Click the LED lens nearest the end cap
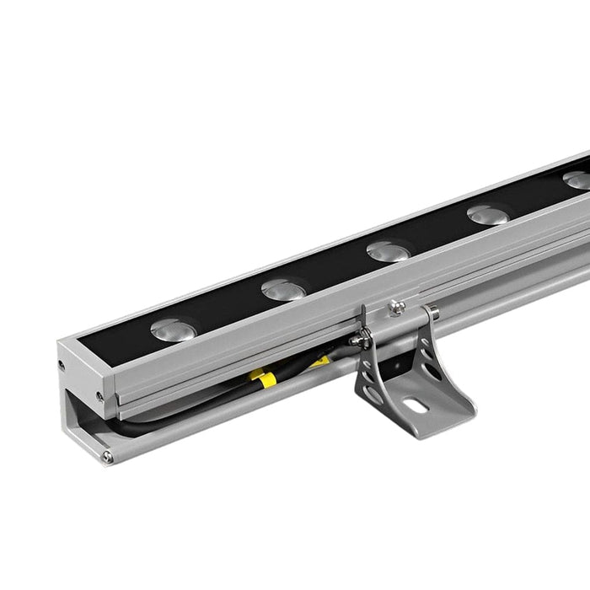(171, 329)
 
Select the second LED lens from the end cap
(282, 289)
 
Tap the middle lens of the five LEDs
(388, 251)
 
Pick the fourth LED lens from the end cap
(488, 215)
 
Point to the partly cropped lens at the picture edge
(578, 180)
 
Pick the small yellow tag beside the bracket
(320, 362)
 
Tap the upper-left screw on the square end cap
(62, 364)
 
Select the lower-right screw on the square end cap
(99, 395)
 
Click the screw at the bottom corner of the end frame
(108, 458)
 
